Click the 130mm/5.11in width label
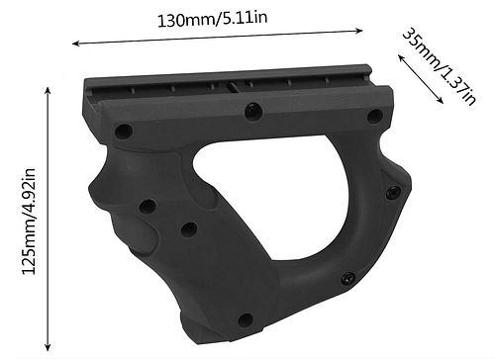pos(212,19)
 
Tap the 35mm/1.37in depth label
pos(440,67)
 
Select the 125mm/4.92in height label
pos(29,222)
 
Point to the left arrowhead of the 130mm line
pos(75,44)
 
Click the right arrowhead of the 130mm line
pos(359,31)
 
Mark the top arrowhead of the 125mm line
pos(49,91)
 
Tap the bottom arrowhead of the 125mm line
pos(49,347)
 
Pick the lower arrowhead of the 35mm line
pos(441,101)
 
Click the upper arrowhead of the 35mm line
pos(401,58)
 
